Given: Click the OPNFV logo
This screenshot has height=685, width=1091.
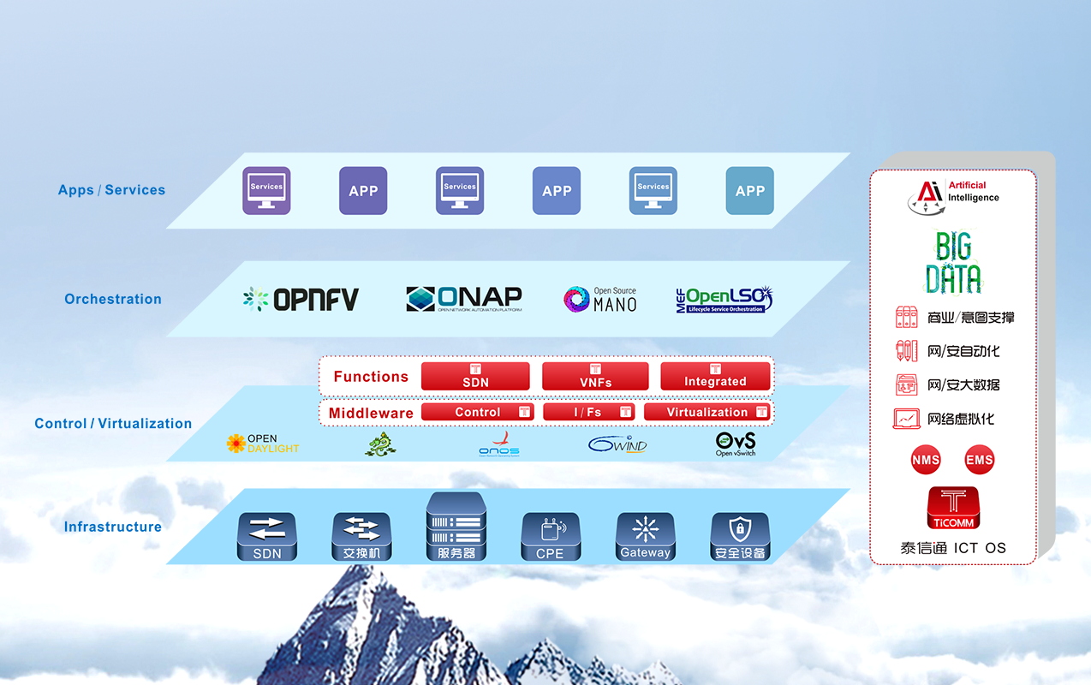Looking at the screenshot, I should (x=301, y=299).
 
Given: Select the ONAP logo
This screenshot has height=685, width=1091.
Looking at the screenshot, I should (x=463, y=299).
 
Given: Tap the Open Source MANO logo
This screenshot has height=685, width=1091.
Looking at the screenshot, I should (x=600, y=299).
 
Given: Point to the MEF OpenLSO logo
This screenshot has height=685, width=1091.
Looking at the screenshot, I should (x=724, y=299).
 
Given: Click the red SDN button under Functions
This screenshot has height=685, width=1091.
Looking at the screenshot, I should (x=475, y=377).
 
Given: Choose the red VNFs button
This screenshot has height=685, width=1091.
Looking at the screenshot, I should (x=595, y=377).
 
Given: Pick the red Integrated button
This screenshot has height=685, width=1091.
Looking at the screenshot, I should (x=715, y=377).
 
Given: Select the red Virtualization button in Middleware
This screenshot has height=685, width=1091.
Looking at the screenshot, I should (x=706, y=412).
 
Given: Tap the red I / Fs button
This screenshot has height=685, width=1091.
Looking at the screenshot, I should (x=588, y=412).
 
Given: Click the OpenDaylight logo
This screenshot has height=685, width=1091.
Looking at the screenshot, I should (x=263, y=444).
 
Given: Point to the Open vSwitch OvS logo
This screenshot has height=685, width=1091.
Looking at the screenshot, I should (x=736, y=444).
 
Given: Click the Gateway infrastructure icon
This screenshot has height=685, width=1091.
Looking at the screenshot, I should (x=645, y=537).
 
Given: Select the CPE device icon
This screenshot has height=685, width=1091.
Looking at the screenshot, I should (x=550, y=537).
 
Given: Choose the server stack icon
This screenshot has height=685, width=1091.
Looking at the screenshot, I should (x=456, y=526).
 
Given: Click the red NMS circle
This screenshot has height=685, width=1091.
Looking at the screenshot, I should (x=926, y=460).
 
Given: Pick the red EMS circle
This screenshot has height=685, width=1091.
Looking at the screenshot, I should (x=979, y=460).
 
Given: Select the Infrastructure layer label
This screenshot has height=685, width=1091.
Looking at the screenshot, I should (x=112, y=527).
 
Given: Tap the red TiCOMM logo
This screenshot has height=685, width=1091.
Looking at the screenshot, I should (x=952, y=508).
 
